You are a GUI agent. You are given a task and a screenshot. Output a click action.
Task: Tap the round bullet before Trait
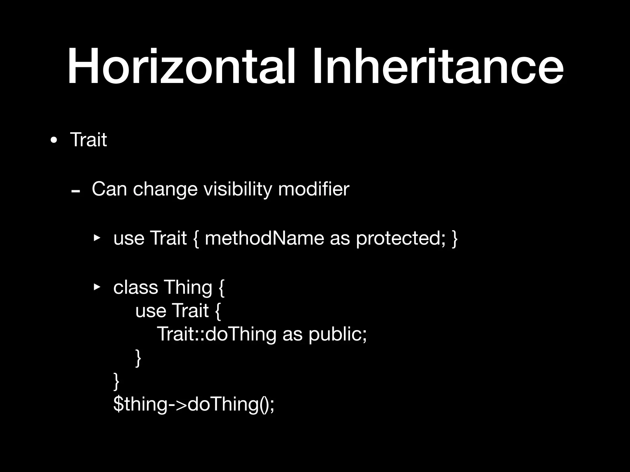coord(54,140)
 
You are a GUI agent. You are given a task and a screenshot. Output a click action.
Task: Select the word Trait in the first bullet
coord(88,140)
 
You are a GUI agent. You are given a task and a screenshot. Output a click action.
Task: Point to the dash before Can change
coord(75,191)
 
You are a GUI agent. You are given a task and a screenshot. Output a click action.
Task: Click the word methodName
coord(264,238)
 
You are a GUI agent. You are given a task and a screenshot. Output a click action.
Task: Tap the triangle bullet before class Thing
coord(97,287)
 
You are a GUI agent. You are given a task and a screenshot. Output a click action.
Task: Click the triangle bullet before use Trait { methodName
coord(97,238)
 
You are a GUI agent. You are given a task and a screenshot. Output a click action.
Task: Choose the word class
coord(136,287)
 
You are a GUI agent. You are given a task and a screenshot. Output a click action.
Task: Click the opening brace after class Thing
coord(222,288)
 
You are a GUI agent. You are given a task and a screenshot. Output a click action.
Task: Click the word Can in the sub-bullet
coord(109,189)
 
